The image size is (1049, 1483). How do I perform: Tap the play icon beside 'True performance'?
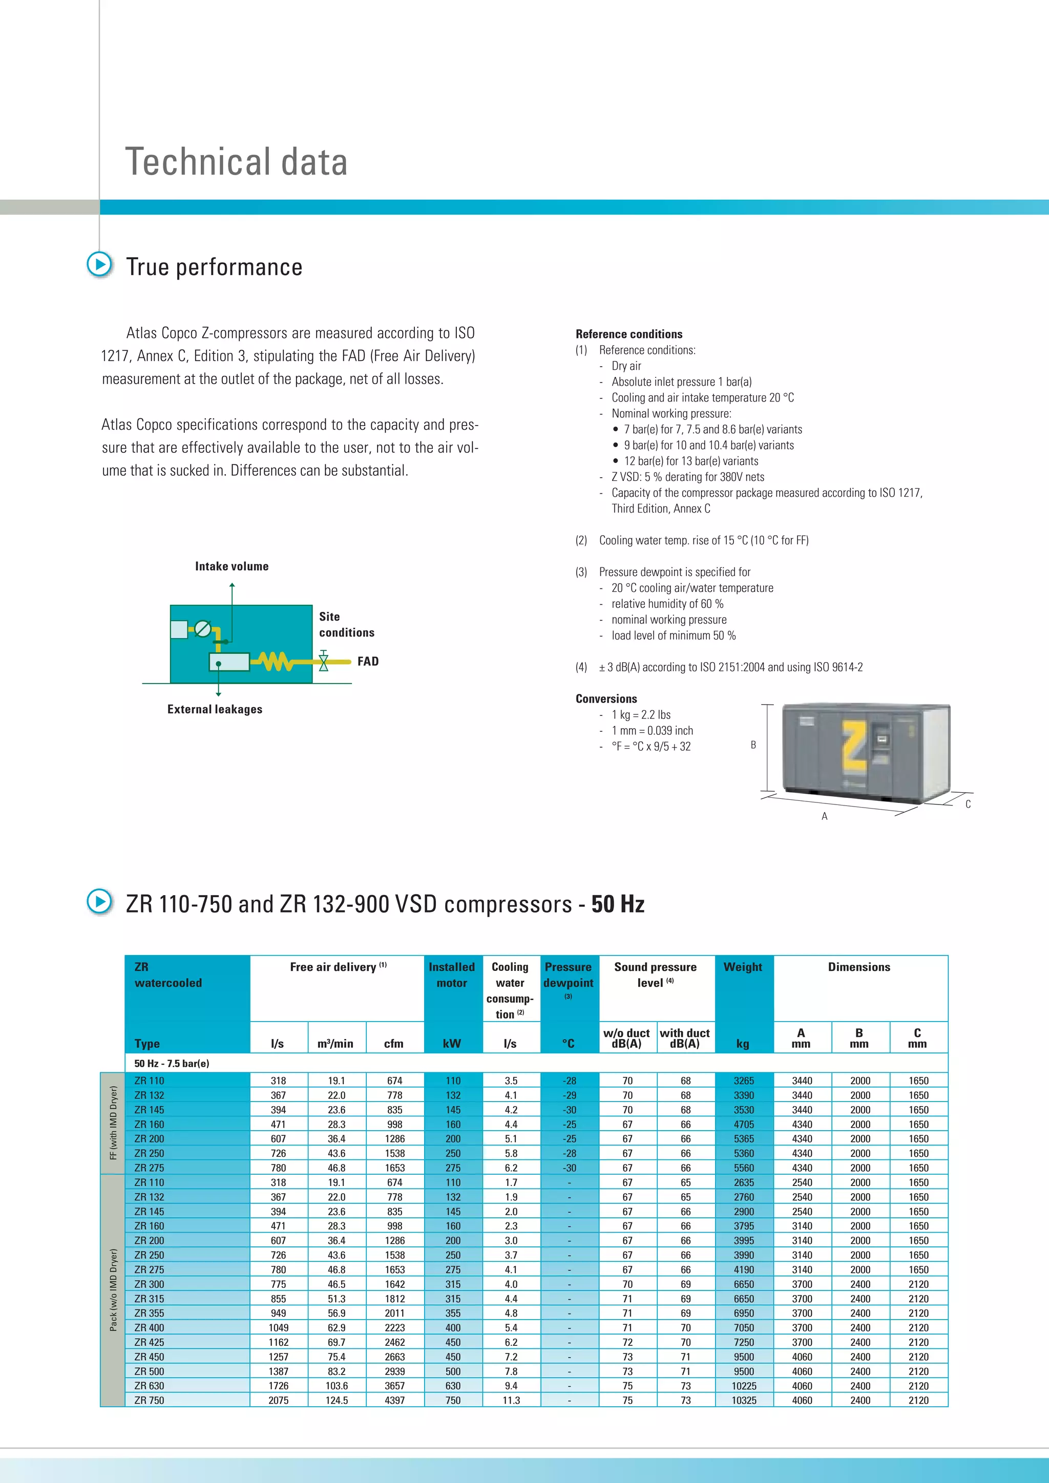[x=99, y=264]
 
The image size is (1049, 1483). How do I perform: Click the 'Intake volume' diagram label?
[x=232, y=566]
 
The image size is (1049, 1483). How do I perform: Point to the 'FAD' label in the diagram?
[x=368, y=662]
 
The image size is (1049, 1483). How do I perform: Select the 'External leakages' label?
[x=215, y=709]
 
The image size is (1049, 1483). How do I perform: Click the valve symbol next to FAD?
[x=324, y=662]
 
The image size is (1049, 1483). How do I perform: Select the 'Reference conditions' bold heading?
[x=628, y=334]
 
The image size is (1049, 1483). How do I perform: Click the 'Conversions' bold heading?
[x=606, y=699]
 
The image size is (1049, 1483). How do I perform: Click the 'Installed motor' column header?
[x=451, y=974]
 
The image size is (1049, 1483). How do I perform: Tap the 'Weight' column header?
[x=743, y=967]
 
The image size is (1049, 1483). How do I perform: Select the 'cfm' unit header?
[x=393, y=1044]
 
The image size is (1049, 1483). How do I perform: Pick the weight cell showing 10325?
[x=744, y=1401]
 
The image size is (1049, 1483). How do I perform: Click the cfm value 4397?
[x=395, y=1401]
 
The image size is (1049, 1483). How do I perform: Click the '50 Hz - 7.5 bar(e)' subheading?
[x=172, y=1064]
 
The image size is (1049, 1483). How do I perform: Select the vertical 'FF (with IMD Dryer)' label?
[x=113, y=1122]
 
